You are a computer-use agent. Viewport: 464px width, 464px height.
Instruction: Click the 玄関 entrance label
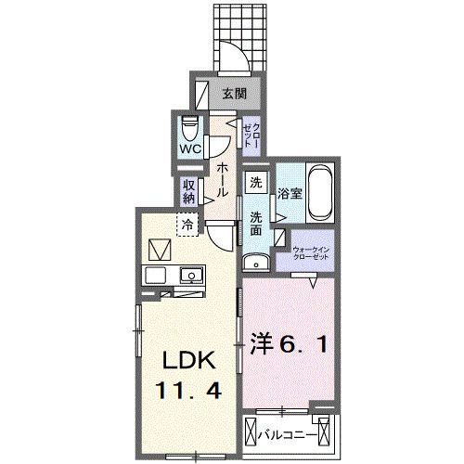(x=234, y=93)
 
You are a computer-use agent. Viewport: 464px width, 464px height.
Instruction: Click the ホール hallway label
(x=224, y=178)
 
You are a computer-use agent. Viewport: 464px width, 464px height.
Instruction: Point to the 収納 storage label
(x=189, y=190)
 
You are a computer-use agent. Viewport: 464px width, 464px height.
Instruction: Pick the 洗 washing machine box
(x=256, y=183)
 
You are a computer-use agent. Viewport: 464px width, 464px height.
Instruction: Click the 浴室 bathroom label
(x=288, y=194)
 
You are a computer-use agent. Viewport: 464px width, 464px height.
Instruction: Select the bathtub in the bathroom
(x=319, y=191)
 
